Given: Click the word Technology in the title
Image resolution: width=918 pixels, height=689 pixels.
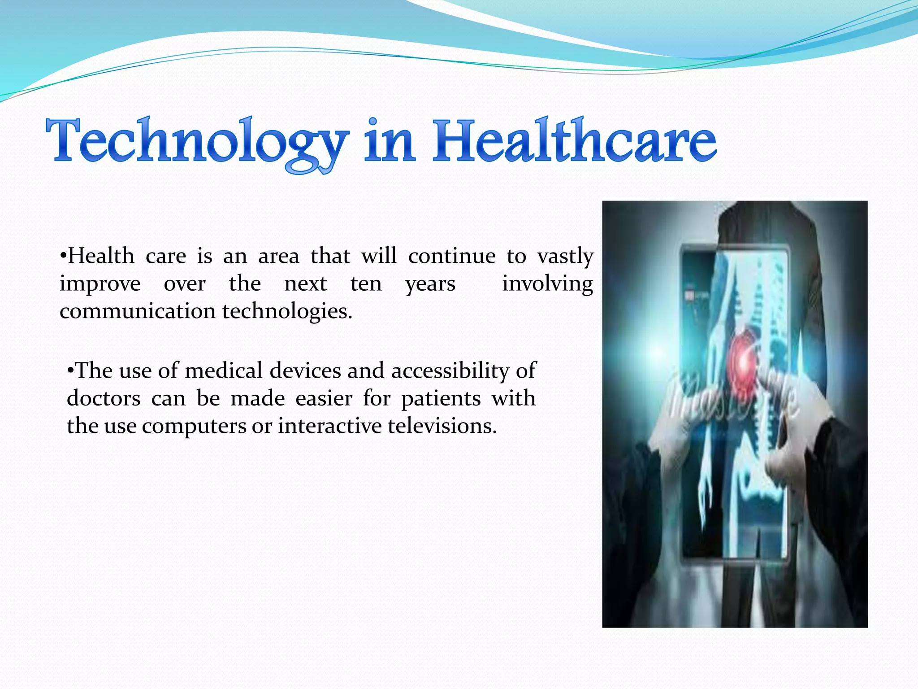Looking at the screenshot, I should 197,141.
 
